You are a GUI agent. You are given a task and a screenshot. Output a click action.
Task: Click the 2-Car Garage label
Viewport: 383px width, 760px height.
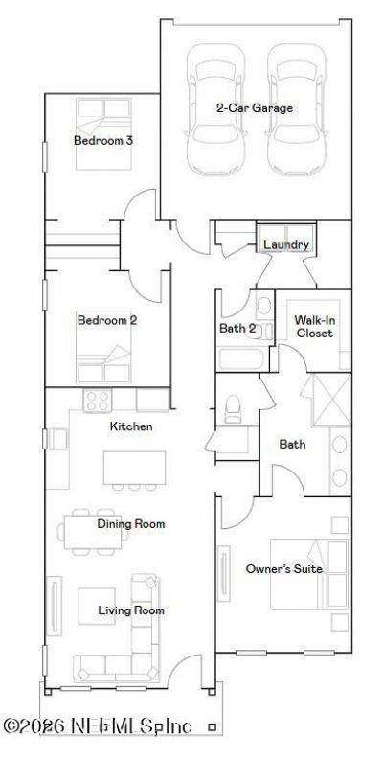point(254,108)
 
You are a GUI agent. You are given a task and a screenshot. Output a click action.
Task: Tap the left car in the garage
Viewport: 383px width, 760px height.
point(215,109)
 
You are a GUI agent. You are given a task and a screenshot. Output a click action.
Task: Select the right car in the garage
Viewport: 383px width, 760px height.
point(295,109)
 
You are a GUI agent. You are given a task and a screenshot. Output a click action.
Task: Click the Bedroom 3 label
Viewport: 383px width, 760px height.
point(103,141)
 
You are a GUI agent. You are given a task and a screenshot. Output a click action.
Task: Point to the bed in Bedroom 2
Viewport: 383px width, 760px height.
point(103,347)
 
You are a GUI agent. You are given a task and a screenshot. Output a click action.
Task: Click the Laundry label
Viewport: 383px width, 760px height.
point(286,244)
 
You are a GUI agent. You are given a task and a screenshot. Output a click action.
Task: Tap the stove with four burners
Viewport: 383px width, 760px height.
point(98,401)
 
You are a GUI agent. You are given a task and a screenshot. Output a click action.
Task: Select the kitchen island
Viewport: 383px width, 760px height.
point(134,468)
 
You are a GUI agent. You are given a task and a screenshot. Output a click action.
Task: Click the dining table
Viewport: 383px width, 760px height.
point(93,532)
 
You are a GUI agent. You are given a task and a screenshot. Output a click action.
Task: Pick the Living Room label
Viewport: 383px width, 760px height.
point(131,610)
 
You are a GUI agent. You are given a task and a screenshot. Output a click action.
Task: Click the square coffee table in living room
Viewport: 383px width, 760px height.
point(97,606)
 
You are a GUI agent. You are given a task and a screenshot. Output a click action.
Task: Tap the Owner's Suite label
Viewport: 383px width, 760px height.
point(284,569)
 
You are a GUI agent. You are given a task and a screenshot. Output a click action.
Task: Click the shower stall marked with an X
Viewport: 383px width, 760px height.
point(332,400)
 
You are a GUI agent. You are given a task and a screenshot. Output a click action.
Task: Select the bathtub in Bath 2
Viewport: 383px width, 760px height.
point(241,359)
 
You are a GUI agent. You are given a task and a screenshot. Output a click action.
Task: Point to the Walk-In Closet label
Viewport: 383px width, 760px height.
point(315,327)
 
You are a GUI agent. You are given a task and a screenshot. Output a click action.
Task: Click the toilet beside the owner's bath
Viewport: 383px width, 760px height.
point(233,409)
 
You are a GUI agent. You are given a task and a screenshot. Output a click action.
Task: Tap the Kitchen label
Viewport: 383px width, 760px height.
point(131,426)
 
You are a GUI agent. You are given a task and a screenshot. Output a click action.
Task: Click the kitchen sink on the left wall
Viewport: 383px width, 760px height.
point(58,440)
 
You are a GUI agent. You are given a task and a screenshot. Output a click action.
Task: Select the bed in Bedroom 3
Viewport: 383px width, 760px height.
point(103,133)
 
